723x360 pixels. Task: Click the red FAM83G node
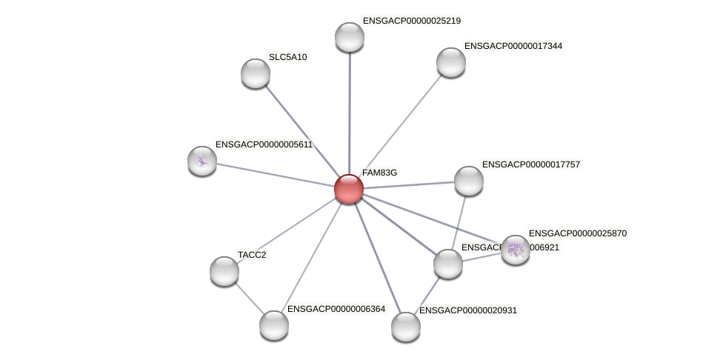348,189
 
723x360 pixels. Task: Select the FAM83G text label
379,173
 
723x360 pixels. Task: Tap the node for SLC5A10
256,73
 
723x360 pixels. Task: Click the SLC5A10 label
287,57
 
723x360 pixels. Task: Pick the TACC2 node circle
224,270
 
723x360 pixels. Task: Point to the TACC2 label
252,255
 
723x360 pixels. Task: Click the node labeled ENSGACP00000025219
349,37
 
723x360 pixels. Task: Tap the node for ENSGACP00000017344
450,62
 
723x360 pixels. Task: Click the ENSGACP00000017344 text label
513,46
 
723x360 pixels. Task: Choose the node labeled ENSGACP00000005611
201,160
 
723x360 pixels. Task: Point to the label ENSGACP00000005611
264,144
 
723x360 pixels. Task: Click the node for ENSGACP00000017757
468,180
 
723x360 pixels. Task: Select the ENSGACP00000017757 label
530,164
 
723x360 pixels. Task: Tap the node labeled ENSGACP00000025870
515,250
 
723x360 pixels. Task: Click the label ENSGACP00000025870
577,233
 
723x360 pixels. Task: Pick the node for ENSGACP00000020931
405,327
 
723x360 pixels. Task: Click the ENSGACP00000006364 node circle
273,324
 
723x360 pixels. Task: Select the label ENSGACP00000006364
336,309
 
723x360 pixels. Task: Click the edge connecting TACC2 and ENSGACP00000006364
249,298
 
